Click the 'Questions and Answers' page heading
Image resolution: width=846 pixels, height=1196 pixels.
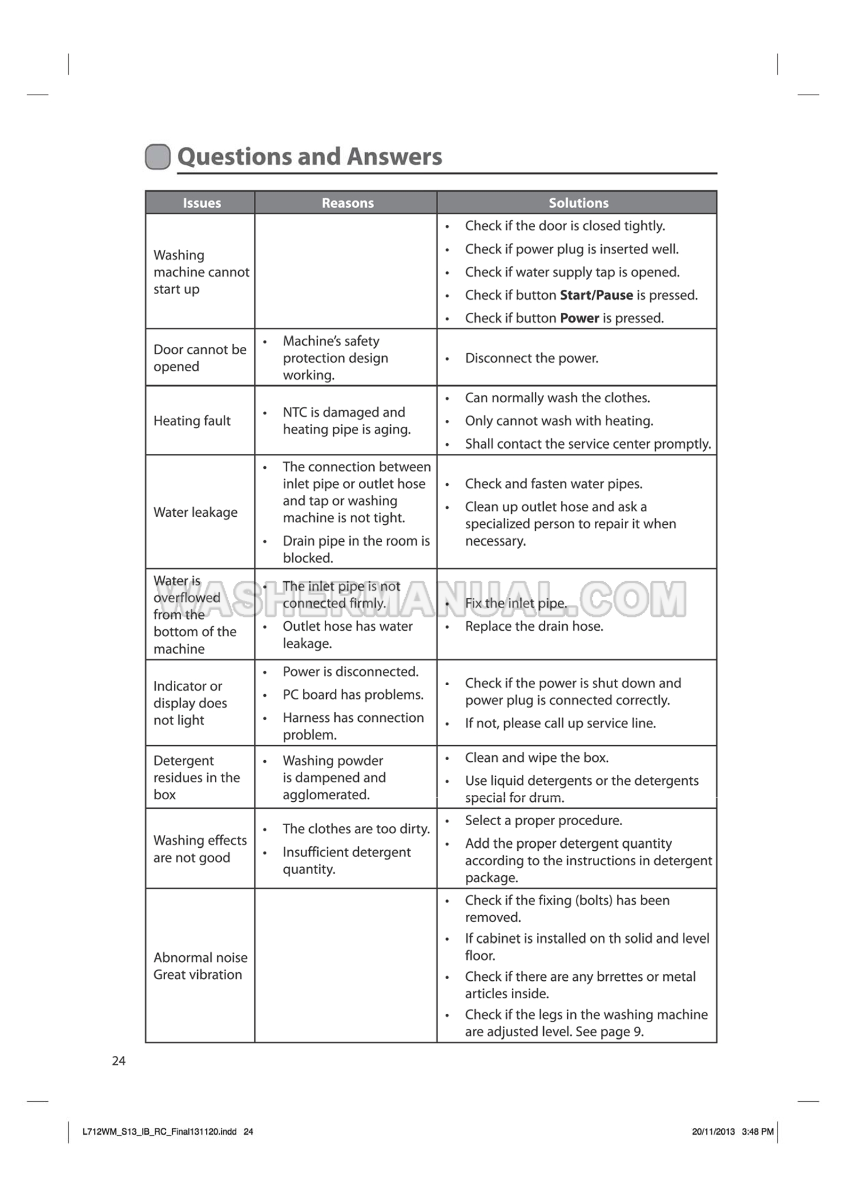click(x=309, y=157)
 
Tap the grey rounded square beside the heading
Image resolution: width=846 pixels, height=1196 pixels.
click(x=158, y=157)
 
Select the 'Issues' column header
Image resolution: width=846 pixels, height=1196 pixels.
click(x=202, y=203)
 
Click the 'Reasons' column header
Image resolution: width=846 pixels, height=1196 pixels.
click(x=348, y=203)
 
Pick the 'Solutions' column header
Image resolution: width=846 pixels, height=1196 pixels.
click(x=578, y=203)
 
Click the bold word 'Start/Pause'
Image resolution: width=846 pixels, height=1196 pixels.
click(x=596, y=295)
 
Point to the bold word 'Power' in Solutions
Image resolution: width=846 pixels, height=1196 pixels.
click(x=579, y=318)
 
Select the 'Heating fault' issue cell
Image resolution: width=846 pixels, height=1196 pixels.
click(x=192, y=421)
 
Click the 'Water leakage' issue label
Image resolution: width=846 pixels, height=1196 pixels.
click(x=195, y=512)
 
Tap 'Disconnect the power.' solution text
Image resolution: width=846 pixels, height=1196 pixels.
click(x=531, y=358)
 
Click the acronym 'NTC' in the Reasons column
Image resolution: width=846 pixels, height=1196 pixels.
click(x=295, y=412)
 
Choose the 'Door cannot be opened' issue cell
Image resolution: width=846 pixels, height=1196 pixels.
click(x=200, y=358)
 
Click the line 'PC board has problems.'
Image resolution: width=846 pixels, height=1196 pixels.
click(x=353, y=695)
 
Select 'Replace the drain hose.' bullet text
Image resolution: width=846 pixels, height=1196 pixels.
click(x=534, y=626)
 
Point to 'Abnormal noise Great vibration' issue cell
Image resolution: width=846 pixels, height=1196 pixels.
click(x=200, y=966)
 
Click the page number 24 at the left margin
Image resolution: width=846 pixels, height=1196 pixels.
click(x=118, y=1061)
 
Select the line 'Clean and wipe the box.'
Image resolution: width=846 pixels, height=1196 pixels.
click(x=536, y=758)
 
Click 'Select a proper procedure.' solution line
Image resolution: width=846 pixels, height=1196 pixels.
click(x=543, y=820)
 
